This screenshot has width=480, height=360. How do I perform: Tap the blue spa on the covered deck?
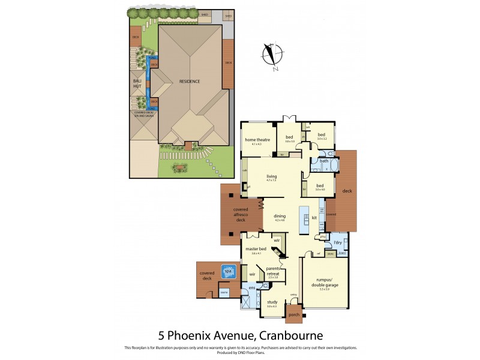(x=228, y=271)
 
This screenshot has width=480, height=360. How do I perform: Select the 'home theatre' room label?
(x=257, y=140)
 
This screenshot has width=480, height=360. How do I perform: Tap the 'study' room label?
(x=272, y=302)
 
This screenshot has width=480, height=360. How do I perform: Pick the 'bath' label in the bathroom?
(x=324, y=161)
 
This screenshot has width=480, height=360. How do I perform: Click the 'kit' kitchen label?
(x=314, y=217)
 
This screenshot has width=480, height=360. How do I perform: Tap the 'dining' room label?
(x=280, y=217)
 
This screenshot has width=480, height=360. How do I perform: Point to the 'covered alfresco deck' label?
(x=241, y=214)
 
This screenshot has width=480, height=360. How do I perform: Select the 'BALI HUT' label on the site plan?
(x=137, y=83)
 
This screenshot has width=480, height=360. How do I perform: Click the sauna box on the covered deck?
(x=224, y=292)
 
